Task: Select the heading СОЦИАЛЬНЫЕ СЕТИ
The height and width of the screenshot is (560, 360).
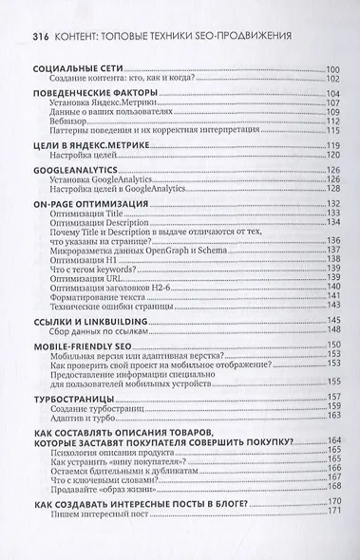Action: (67, 69)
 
